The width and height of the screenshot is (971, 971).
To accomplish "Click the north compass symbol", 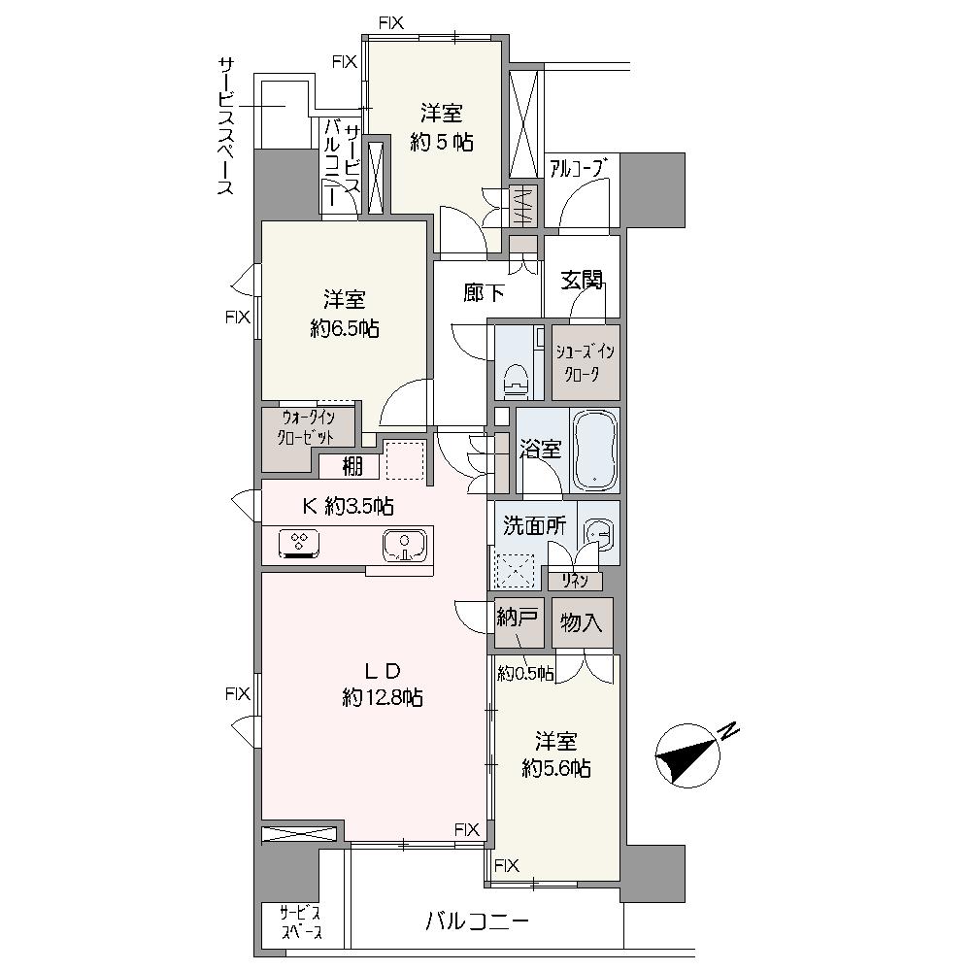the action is point(688,755).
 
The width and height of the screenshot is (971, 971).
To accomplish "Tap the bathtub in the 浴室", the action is point(595,450).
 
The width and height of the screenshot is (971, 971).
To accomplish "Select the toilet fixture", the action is point(516,379).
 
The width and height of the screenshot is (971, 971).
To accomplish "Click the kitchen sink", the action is point(404,545).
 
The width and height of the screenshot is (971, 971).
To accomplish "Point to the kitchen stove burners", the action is point(299,544).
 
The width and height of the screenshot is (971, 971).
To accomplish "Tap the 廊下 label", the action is point(484,292).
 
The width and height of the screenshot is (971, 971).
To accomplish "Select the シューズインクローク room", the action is point(586,362).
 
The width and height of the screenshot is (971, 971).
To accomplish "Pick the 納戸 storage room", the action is point(519,622).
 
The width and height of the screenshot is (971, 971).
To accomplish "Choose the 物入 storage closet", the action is point(582,622).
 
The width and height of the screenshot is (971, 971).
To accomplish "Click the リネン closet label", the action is point(575,581).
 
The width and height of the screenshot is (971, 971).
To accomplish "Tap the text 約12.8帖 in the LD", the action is point(383,698).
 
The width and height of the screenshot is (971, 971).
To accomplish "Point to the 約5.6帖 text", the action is point(556,768).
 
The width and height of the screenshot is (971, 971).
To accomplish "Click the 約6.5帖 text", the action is point(345,329).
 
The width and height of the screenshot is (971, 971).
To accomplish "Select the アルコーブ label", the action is point(576,168).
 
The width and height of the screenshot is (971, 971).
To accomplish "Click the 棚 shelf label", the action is point(352,466).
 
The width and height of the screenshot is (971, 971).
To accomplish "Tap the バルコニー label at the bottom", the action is point(478,922).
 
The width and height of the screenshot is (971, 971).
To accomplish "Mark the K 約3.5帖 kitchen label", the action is point(348,507).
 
